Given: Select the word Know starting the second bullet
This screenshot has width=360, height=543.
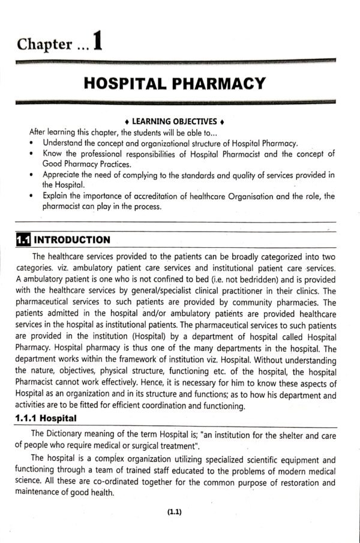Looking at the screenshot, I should click(x=53, y=154).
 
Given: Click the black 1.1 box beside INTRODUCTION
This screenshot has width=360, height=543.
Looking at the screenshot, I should click(x=22, y=240).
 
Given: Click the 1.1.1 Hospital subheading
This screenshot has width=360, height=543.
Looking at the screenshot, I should click(x=48, y=419).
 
